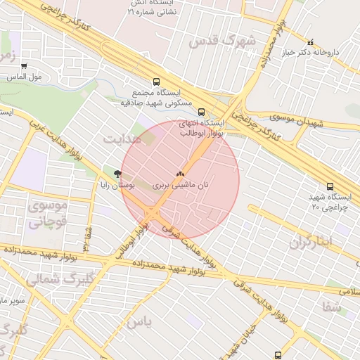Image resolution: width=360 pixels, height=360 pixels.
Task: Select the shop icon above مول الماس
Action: tap(25, 67)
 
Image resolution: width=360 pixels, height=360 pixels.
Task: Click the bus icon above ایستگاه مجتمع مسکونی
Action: tap(155, 82)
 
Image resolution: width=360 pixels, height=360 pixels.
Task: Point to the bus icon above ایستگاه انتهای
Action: tap(202, 112)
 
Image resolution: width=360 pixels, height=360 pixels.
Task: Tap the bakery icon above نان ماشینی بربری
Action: tap(179, 173)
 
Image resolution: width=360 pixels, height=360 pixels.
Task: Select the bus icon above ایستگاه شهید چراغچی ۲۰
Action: tap(330, 186)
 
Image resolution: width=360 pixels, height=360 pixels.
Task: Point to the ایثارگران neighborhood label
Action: tap(319, 242)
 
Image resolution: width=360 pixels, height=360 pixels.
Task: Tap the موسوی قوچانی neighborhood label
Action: tap(47, 214)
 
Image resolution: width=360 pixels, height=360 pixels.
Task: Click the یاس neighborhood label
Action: tap(139, 321)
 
